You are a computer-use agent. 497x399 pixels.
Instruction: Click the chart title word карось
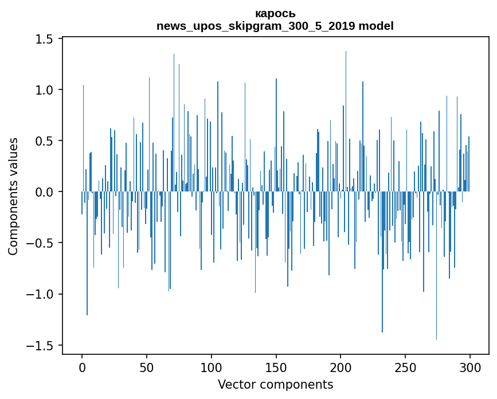[x=275, y=14]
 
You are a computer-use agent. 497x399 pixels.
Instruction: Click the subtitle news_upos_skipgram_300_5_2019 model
[x=275, y=26]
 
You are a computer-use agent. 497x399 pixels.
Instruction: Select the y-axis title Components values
[x=13, y=196]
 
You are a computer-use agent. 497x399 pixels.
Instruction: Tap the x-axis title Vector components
[x=275, y=385]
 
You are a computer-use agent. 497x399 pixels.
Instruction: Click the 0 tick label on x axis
[x=82, y=367]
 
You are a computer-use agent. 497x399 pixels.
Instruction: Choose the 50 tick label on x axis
[x=147, y=367]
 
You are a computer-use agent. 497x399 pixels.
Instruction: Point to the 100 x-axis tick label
[x=212, y=367]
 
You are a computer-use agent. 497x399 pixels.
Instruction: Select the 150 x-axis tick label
[x=276, y=367]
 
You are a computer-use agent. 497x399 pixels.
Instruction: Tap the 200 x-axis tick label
[x=341, y=367]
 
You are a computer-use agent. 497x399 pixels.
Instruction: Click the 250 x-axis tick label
[x=406, y=367]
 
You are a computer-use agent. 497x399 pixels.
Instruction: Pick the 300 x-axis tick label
[x=470, y=367]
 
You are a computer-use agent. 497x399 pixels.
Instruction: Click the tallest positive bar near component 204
[x=346, y=115]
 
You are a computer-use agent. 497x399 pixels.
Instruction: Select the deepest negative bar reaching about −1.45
[x=436, y=269]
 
